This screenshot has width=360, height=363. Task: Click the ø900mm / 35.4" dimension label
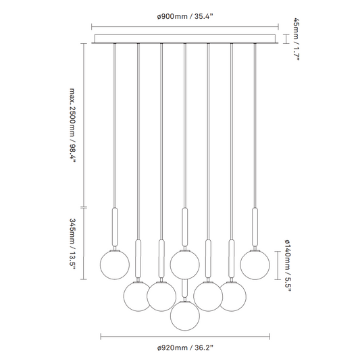(185, 17)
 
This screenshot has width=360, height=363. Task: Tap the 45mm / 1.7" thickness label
(297, 38)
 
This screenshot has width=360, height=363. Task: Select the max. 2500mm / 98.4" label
(73, 125)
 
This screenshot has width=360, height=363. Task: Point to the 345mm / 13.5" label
(73, 244)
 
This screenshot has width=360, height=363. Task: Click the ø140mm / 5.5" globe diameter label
(288, 266)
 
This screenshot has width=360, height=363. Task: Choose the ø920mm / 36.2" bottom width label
(185, 347)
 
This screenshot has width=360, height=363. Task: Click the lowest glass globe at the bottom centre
(185, 316)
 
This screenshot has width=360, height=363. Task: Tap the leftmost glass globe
(115, 265)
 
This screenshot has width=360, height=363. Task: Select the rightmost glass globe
(255, 265)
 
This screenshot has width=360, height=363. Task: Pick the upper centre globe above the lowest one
(185, 264)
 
